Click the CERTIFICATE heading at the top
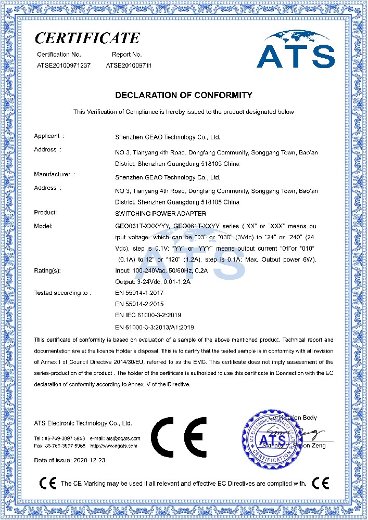pos(87,37)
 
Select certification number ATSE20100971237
pos(63,65)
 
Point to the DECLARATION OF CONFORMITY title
pos(183,95)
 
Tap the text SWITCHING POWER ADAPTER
pos(160,213)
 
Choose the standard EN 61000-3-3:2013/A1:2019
pos(154,327)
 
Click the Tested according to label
pos(62,293)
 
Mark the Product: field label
pos(45,213)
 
